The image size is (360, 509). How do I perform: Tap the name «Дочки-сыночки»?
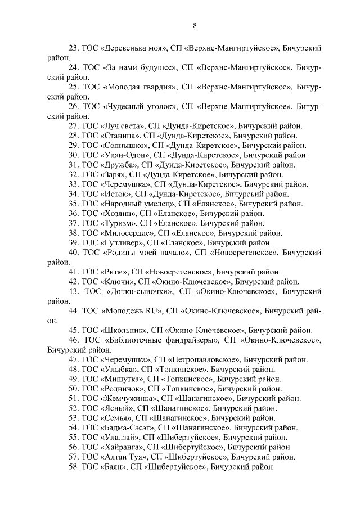pos(139,291)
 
